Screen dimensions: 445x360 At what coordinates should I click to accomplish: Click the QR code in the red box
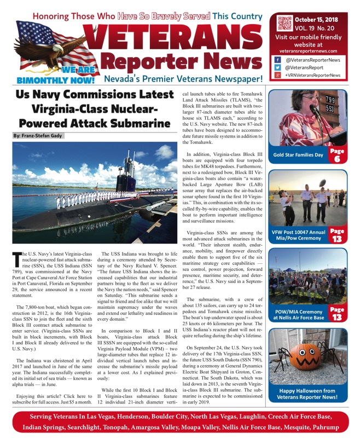pyautogui.click(x=285, y=22)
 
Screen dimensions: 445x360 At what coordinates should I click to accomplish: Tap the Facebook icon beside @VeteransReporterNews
pyautogui.click(x=278, y=60)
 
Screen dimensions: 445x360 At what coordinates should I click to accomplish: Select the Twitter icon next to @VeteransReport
pyautogui.click(x=278, y=67)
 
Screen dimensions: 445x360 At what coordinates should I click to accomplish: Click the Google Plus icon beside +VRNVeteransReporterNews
pyautogui.click(x=278, y=75)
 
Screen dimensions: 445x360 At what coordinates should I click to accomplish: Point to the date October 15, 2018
pyautogui.click(x=317, y=19)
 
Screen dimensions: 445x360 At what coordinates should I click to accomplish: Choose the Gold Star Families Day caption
pyautogui.click(x=299, y=155)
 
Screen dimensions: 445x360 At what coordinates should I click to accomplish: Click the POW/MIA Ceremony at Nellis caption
pyautogui.click(x=299, y=314)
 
